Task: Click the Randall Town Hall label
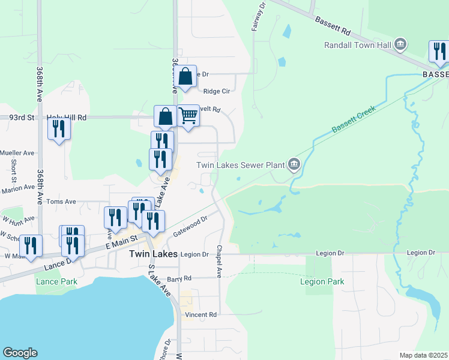coord(357,45)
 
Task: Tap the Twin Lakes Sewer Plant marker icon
coord(294,164)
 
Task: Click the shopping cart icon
coord(188,115)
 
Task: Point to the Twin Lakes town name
coord(154,254)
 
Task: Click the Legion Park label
coord(323,281)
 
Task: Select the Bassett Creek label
coord(354,120)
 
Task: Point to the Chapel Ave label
coord(220,261)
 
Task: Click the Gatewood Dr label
coord(190,227)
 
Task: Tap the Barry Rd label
coord(179,279)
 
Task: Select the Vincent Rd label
coord(200,314)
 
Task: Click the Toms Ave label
coord(61,202)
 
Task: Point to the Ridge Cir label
coord(217,91)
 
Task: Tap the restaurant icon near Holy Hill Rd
coord(59,128)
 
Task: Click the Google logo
coord(20,353)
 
